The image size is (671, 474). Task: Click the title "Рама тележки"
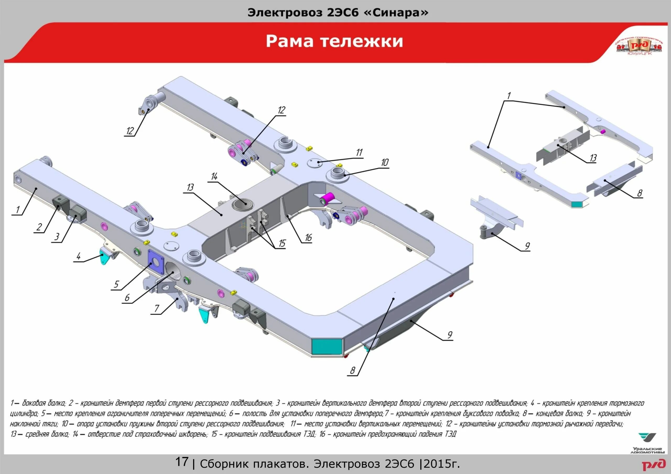click(334, 41)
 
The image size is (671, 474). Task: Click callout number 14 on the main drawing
click(214, 177)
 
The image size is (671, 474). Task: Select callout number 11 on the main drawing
click(359, 152)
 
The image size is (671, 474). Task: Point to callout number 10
click(385, 162)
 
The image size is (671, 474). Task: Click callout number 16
click(308, 238)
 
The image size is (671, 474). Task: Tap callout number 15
click(282, 243)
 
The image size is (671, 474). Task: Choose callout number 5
click(116, 284)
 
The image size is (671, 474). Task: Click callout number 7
click(157, 309)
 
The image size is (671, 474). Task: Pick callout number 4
click(78, 257)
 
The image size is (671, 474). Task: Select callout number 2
click(39, 227)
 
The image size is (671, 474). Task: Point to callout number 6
click(127, 298)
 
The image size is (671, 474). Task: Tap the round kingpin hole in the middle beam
click(244, 203)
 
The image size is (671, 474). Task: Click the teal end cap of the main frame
click(327, 347)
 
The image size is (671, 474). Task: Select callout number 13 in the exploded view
click(593, 158)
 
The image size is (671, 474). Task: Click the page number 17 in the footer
click(181, 462)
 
